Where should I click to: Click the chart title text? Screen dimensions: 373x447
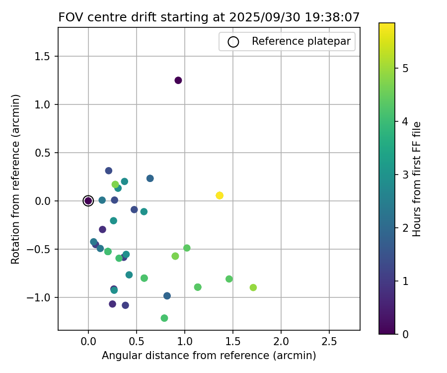coord(209,17)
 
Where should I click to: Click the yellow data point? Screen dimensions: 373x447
coord(220,195)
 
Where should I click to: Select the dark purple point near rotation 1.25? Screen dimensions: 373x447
coord(178,80)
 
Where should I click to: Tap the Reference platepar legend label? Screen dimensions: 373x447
coord(301,41)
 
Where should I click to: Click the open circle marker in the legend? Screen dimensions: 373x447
coord(233,42)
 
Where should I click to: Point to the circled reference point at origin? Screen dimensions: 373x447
coord(88,201)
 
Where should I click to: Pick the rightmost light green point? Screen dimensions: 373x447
coord(253,287)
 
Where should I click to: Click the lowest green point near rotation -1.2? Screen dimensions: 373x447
coord(164,318)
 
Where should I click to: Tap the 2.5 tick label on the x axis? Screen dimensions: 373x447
coord(329,343)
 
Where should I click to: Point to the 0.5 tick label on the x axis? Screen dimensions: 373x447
coord(137,343)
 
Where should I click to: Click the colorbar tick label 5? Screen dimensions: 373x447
coord(405,69)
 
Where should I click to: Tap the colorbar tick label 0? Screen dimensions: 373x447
coord(405,334)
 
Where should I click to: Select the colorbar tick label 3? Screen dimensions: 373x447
coord(405,175)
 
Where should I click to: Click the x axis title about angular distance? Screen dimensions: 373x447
coord(209,356)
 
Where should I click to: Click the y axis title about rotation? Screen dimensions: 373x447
coord(16,179)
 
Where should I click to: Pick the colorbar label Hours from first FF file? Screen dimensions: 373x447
coord(417,179)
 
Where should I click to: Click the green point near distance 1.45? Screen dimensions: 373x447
coord(229,279)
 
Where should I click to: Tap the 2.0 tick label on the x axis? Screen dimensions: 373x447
coord(281,343)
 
